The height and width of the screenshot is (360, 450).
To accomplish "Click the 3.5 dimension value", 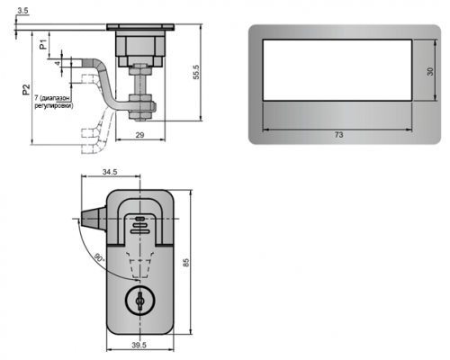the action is coord(22,11).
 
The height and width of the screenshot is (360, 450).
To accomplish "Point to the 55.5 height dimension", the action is coord(196,72).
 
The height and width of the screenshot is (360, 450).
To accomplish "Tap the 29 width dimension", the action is coord(139,135).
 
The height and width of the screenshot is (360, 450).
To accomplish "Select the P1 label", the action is coord(43,44).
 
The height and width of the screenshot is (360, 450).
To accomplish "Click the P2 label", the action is coord(26,90).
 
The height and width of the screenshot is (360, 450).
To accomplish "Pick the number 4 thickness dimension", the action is coord(58,63).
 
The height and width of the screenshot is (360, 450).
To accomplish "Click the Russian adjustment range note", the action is coord(53,102).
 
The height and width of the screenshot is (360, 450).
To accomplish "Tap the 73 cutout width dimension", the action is coord(338,135).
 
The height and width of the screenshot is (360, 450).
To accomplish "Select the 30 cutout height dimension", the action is coord(430,71).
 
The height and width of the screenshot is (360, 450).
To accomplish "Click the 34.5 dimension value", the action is coord(110,172).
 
